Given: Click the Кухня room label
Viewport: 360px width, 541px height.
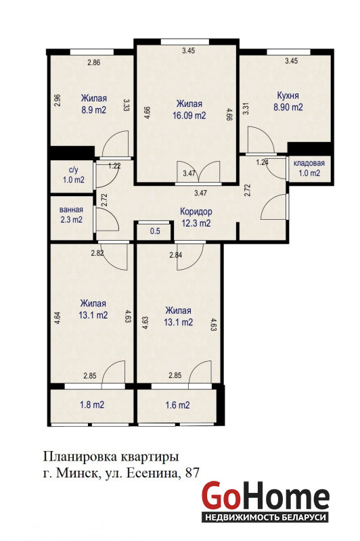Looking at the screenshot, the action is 288,95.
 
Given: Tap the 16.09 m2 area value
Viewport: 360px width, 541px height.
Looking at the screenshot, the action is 189,115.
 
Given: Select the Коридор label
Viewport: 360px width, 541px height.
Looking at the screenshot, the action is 196,211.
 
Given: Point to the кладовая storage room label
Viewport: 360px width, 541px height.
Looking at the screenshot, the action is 309,163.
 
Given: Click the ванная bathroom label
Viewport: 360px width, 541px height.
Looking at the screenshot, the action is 71,210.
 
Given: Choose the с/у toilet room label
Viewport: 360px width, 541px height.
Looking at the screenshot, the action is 74,170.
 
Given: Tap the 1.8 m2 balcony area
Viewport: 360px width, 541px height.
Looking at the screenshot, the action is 92,404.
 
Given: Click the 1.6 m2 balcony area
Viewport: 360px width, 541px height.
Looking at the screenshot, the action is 177,405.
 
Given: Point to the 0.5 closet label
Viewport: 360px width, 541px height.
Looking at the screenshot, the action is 156,231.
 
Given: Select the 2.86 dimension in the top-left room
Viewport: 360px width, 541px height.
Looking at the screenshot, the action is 94,62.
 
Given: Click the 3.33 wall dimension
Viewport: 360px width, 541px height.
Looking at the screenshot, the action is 127,104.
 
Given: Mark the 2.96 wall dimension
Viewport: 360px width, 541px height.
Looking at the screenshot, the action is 58,100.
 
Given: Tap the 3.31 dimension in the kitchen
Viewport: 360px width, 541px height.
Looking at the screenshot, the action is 246,109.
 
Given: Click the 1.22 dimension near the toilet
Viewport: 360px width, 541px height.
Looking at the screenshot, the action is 114,166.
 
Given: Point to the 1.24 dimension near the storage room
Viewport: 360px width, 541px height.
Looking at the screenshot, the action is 263,162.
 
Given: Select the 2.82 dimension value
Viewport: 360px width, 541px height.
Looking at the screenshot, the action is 97,253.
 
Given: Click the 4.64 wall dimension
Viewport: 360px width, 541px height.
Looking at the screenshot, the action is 58,318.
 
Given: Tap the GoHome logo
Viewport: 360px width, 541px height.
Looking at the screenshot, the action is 265,501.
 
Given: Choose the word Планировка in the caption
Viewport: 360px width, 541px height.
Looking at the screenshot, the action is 79,457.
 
